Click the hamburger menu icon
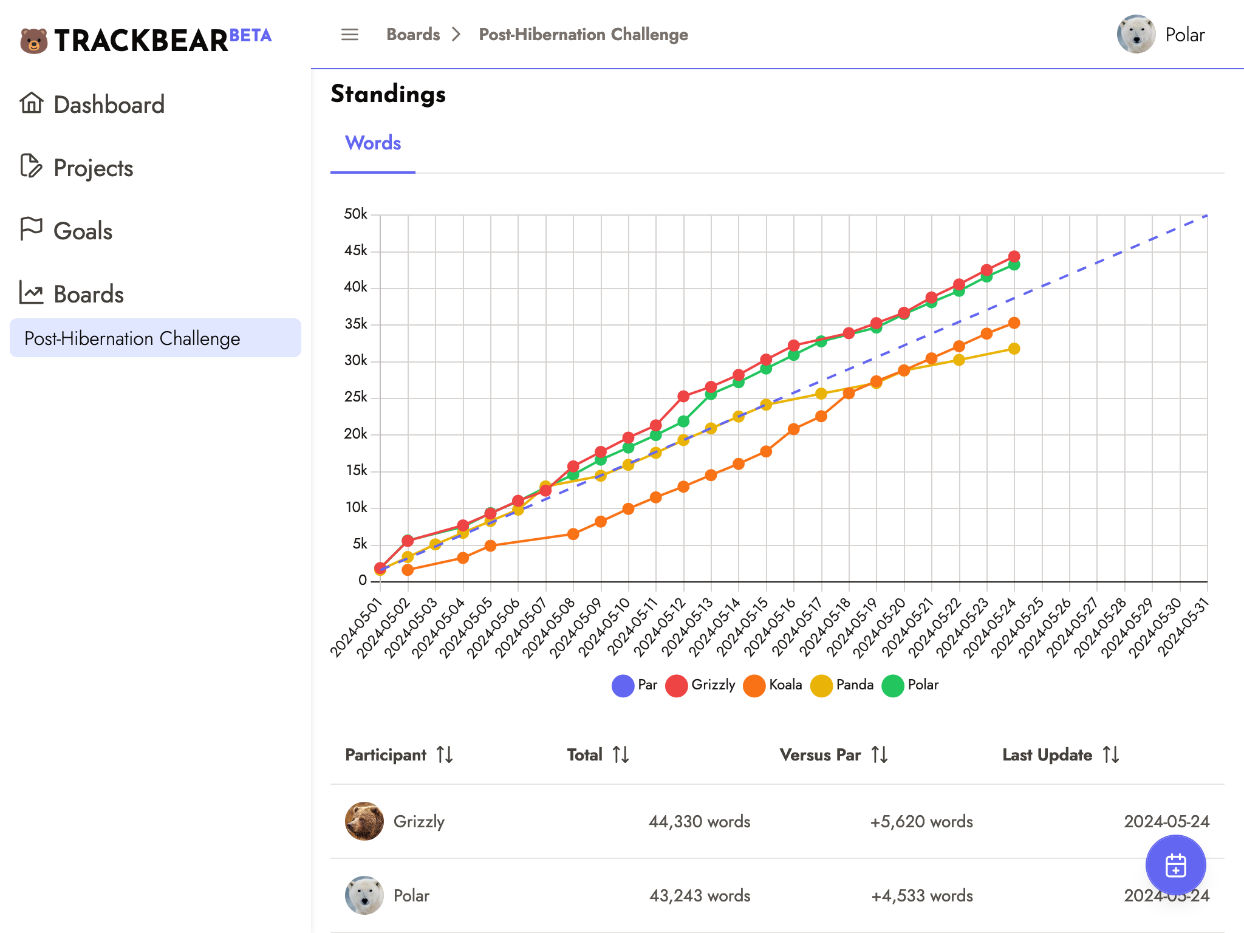click(350, 35)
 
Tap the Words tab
click(373, 143)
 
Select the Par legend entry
click(635, 685)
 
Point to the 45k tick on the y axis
click(356, 251)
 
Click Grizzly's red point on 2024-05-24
click(1014, 256)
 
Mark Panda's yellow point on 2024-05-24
click(1014, 349)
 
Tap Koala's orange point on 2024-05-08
click(573, 534)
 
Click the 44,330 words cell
click(699, 822)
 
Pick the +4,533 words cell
click(921, 896)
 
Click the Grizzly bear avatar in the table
click(364, 821)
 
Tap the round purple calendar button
click(1175, 865)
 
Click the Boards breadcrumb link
click(413, 35)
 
